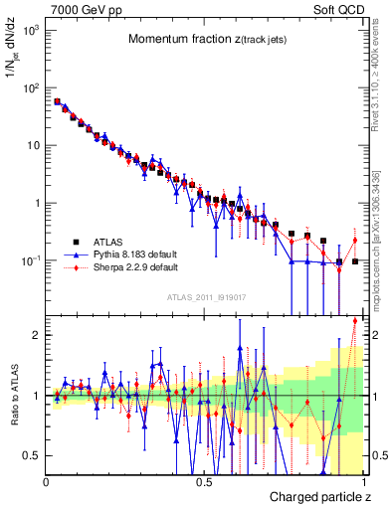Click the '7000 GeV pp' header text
tap(81, 8)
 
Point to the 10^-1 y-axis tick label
tap(29, 260)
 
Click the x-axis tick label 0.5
tap(204, 480)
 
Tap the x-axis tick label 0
tap(46, 480)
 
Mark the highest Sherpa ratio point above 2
tap(354, 320)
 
